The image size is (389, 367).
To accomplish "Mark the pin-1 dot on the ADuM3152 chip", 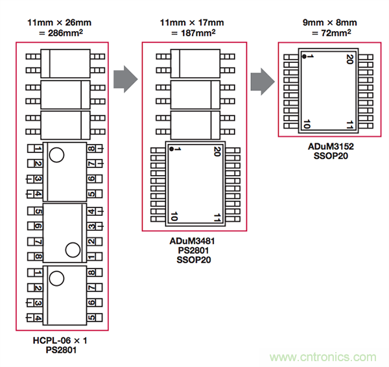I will (303, 56).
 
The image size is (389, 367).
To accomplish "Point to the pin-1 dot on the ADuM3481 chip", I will (171, 149).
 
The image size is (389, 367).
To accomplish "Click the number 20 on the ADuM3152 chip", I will (349, 59).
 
